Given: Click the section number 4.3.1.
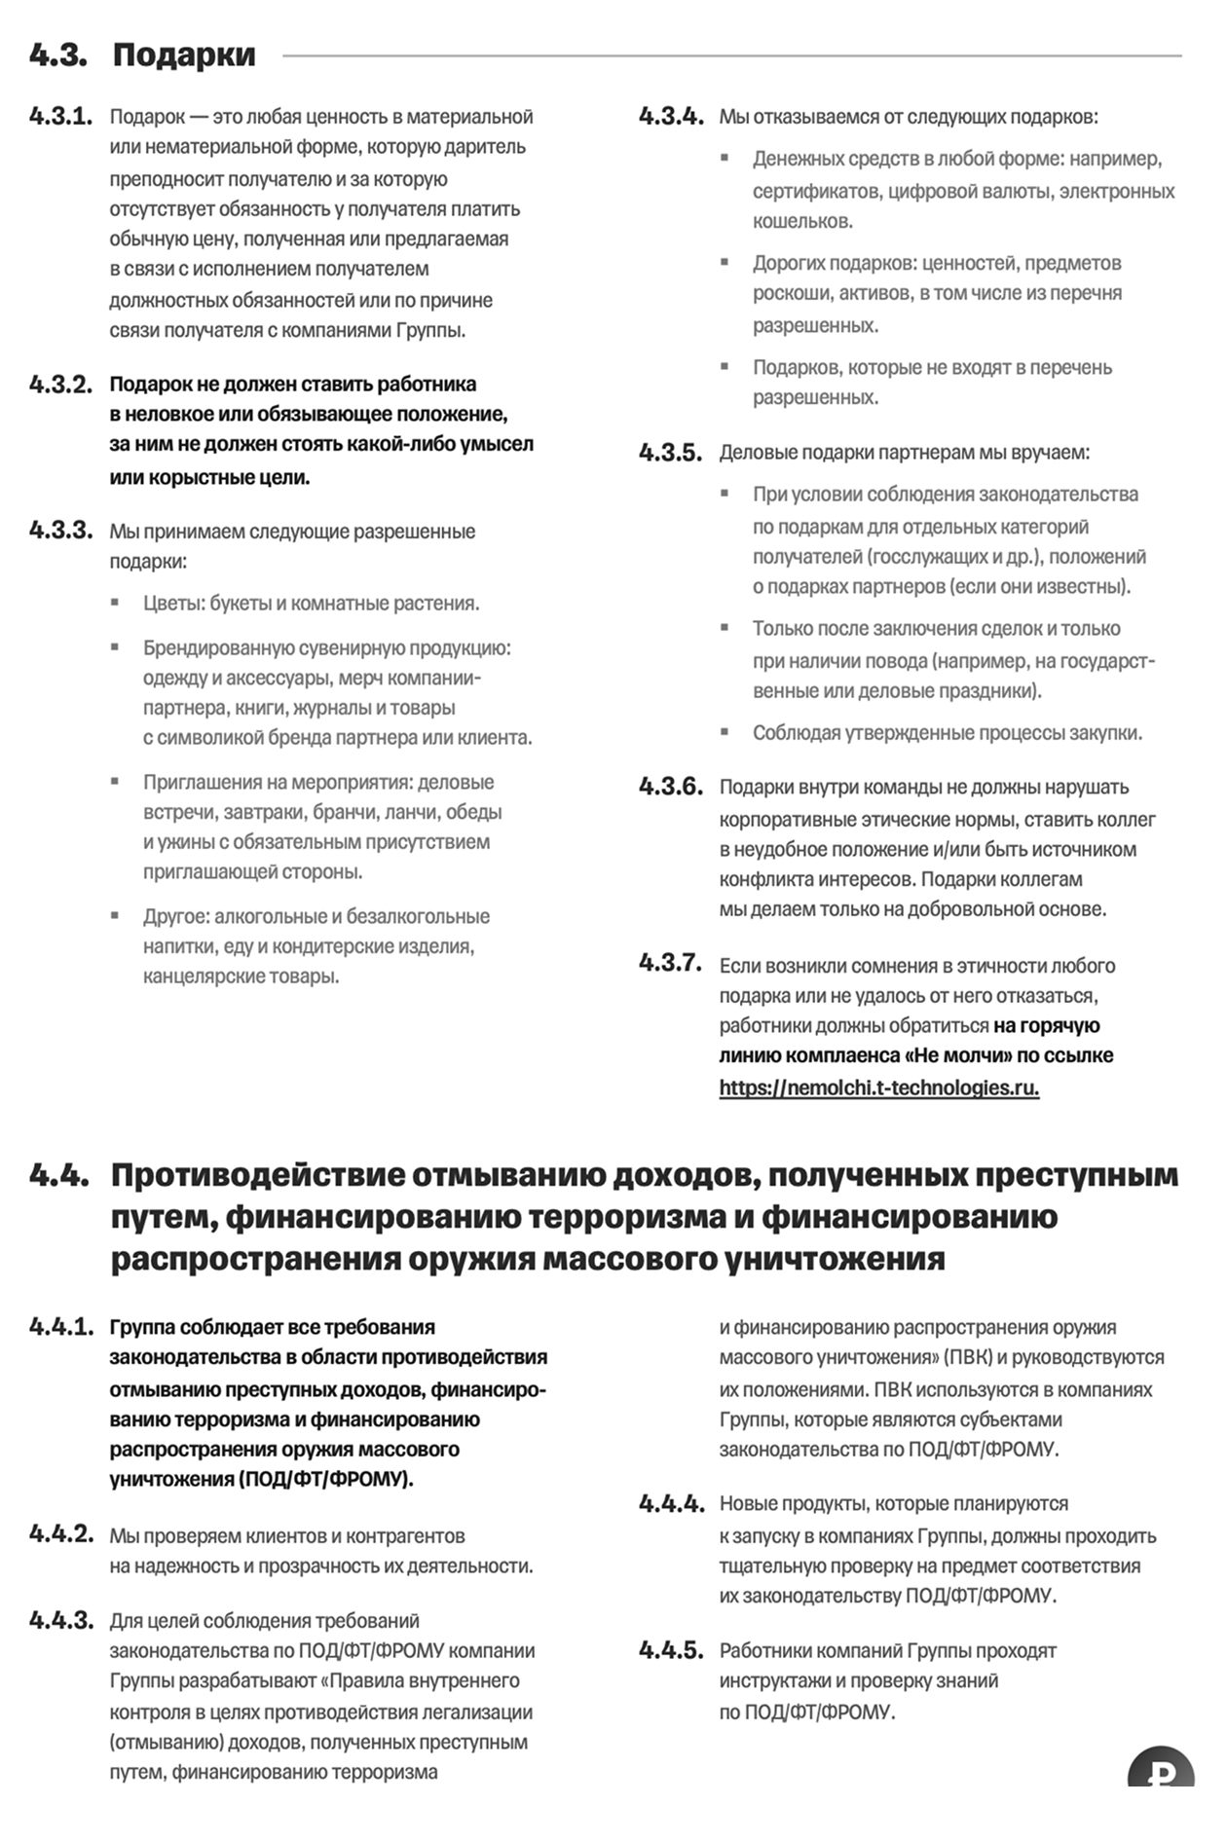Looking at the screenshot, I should (x=60, y=117).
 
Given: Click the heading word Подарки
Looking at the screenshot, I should (x=184, y=55).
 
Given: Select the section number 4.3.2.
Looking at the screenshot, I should (x=60, y=385).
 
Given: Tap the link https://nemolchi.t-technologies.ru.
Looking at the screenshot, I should (x=878, y=1087).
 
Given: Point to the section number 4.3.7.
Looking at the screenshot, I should (x=670, y=963).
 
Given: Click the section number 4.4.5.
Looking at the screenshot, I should (x=670, y=1650).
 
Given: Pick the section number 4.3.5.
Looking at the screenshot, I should (x=670, y=453).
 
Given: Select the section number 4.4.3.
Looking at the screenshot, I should (x=60, y=1621).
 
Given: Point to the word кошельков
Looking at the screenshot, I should (x=802, y=221).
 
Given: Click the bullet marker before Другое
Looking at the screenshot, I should (x=115, y=915).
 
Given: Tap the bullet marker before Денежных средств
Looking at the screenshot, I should (x=725, y=158).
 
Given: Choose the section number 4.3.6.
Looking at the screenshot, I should (x=670, y=787).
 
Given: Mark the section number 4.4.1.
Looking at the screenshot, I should (x=60, y=1327).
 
